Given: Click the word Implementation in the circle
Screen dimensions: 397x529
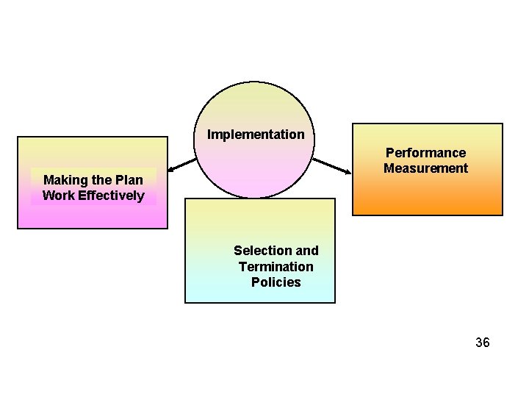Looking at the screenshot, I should pyautogui.click(x=256, y=135).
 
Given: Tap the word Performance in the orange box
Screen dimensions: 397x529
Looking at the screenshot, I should pyautogui.click(x=425, y=153).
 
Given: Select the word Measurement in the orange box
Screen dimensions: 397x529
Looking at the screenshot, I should pyautogui.click(x=425, y=168).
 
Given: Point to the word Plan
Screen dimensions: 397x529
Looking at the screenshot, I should pyautogui.click(x=129, y=180).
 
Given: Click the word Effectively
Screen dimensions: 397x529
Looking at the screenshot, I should pyautogui.click(x=110, y=196).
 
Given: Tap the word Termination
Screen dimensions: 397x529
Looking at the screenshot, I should pyautogui.click(x=276, y=267).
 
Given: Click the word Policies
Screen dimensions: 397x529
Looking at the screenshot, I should pyautogui.click(x=276, y=282).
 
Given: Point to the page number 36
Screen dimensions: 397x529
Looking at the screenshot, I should pyautogui.click(x=482, y=343).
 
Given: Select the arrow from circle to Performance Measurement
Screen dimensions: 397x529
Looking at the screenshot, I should pyautogui.click(x=332, y=165).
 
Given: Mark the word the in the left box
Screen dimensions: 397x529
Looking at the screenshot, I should pyautogui.click(x=103, y=180).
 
